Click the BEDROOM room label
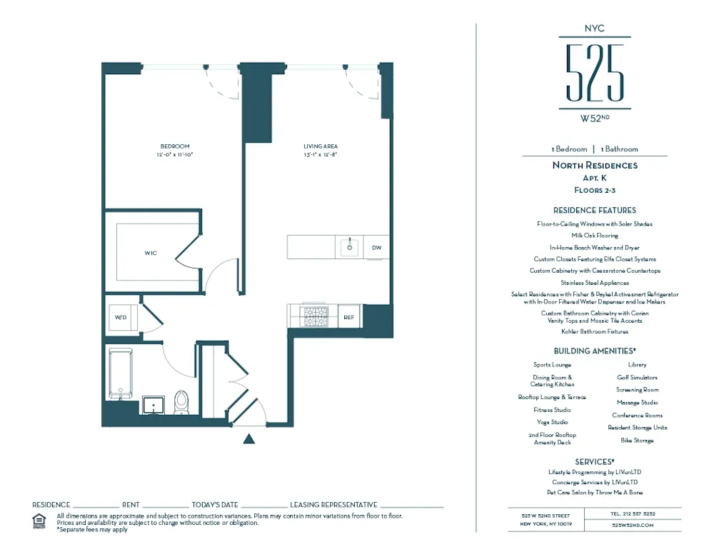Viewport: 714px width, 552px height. coord(175,146)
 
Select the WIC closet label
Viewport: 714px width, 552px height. coord(151,253)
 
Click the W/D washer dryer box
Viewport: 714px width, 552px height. coord(121,316)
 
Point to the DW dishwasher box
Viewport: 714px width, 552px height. coord(376,248)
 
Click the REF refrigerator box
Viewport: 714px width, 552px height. coord(349,316)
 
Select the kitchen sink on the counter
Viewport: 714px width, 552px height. coord(350,247)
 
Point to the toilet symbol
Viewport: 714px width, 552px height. coord(181,402)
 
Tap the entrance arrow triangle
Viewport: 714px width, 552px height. coord(248,438)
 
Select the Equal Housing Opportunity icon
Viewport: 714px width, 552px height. coord(39,520)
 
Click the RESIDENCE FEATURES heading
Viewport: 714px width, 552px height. coord(594,211)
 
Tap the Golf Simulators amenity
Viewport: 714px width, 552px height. coord(637,377)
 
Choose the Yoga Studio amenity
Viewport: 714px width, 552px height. coord(552,422)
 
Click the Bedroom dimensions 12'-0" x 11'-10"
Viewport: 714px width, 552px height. coord(175,154)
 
